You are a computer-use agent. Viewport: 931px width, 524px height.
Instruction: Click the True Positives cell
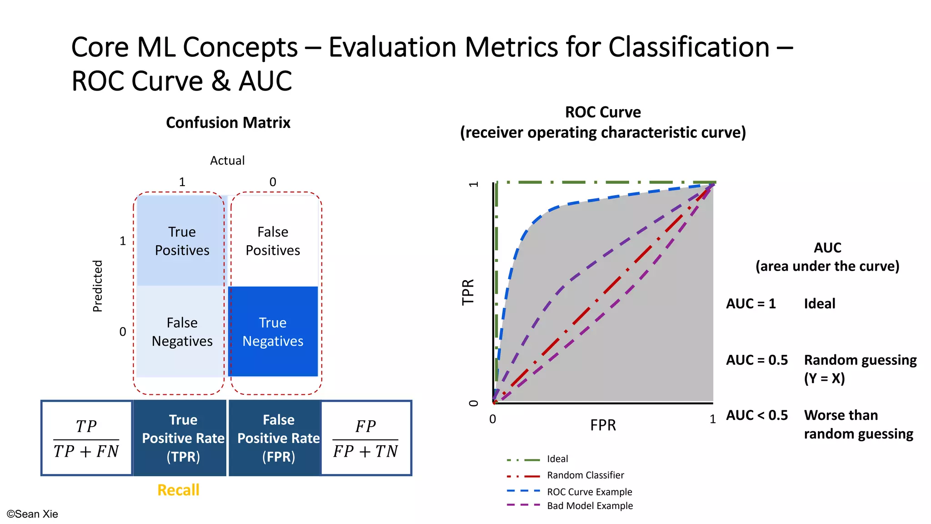click(182, 241)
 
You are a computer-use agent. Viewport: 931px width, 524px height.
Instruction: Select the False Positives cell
click(273, 241)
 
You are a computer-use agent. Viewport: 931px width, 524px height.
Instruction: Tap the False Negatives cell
click(182, 332)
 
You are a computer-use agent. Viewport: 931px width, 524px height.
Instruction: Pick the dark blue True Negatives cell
click(273, 332)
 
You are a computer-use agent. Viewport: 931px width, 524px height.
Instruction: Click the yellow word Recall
click(178, 490)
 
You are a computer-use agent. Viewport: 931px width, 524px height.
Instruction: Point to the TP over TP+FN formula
click(86, 438)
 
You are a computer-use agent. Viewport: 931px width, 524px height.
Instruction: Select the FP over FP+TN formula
click(365, 438)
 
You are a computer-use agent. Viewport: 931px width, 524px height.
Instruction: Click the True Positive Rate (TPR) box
click(183, 438)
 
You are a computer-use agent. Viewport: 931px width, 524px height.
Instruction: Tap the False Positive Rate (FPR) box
click(278, 438)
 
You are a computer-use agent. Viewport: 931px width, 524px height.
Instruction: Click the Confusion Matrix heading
click(228, 122)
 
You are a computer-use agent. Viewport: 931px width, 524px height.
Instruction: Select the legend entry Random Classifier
click(585, 475)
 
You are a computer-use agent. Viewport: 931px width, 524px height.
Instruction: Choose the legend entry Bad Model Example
click(590, 506)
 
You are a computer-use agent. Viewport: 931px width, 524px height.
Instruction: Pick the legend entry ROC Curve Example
click(589, 492)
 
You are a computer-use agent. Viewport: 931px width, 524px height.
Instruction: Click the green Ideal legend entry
click(557, 459)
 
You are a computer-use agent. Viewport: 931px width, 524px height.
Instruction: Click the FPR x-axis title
click(603, 425)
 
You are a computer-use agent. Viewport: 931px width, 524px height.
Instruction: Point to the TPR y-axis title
click(468, 292)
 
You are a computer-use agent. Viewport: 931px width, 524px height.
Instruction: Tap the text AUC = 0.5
click(757, 360)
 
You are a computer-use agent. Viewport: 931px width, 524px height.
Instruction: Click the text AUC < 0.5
click(757, 415)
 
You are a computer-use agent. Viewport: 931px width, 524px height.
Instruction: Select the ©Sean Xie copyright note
click(32, 514)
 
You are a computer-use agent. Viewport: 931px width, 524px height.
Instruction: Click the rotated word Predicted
click(98, 286)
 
